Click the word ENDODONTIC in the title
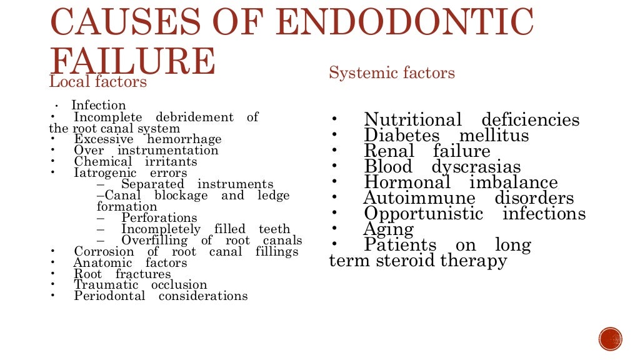tap(404, 23)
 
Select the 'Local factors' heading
tap(98, 82)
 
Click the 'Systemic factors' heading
tap(392, 73)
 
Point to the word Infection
tap(99, 106)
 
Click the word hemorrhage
tap(184, 139)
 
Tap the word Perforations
tap(159, 218)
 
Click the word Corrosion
tap(104, 252)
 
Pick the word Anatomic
tap(102, 263)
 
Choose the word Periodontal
tap(109, 296)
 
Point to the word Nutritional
tap(412, 120)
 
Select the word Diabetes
tap(402, 136)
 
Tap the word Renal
tap(389, 151)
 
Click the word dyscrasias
tap(476, 167)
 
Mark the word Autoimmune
tap(419, 199)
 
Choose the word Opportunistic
tap(424, 214)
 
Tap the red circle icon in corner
tap(611, 339)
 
